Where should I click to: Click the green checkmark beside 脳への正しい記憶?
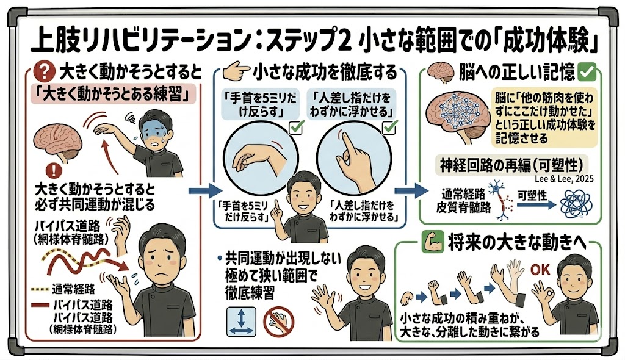point(587,73)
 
